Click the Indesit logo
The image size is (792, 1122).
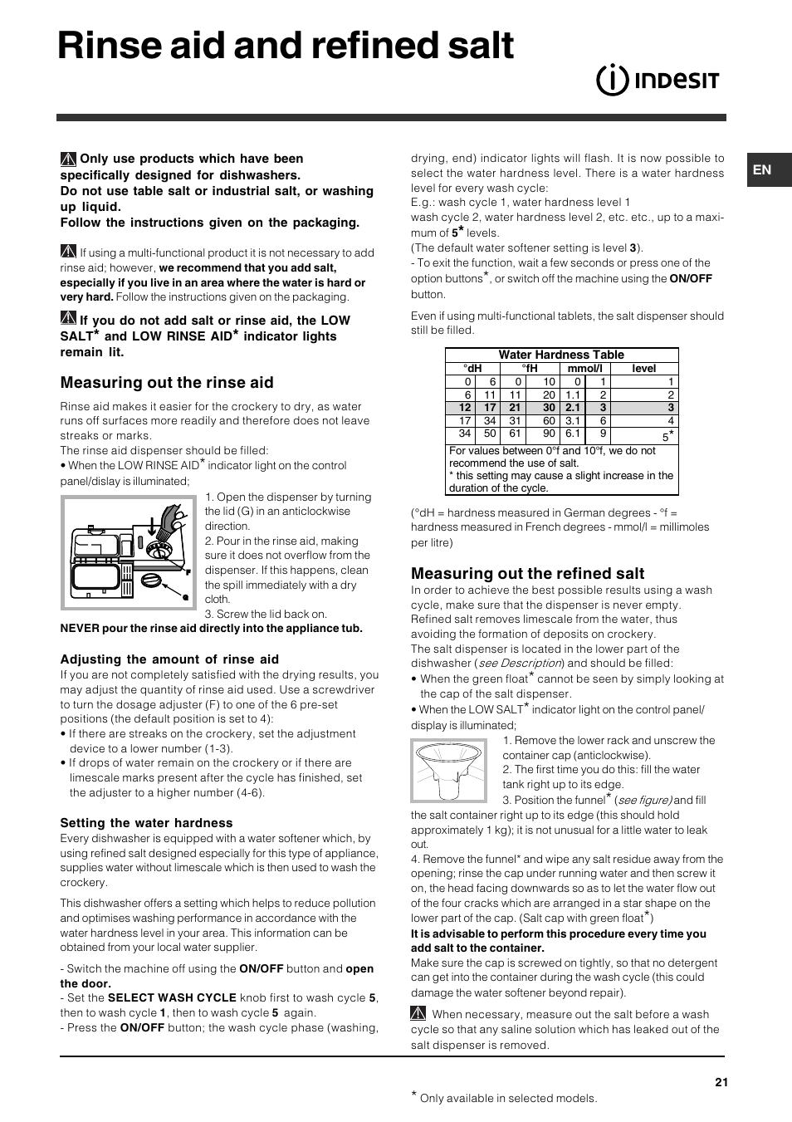coord(658,80)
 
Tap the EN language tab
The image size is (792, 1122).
coord(762,170)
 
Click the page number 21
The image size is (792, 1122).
coord(721,1082)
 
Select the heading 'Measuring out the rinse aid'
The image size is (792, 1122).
coord(166,383)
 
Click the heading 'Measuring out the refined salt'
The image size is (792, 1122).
coord(527,573)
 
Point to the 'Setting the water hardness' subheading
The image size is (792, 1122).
coord(146,823)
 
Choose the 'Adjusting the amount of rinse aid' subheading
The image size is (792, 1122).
coord(169,659)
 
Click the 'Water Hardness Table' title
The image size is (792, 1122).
coord(561,355)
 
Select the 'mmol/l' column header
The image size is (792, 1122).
coord(584,369)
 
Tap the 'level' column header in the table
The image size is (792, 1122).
coord(643,369)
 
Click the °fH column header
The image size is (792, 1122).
coord(530,369)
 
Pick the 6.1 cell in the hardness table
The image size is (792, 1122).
coord(573,434)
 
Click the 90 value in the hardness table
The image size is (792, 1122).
coord(549,434)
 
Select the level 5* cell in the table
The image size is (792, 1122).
coord(667,436)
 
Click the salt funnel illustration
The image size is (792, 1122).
coord(449,770)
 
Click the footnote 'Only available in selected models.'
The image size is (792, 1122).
coord(508,1098)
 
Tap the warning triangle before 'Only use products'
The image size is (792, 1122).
coord(69,159)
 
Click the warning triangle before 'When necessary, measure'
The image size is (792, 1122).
coord(418,1014)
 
